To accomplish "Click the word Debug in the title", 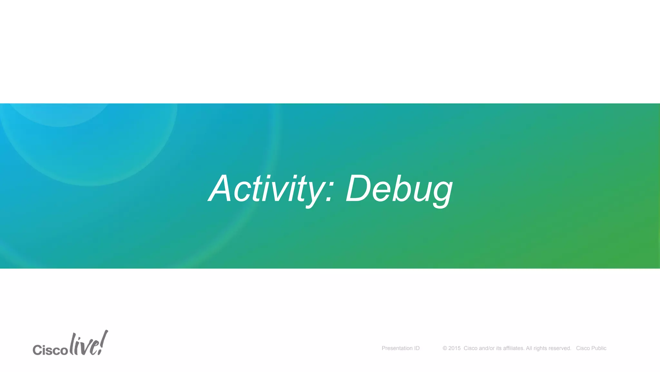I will (399, 189).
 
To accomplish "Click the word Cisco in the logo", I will (50, 350).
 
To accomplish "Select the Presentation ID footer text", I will (401, 348).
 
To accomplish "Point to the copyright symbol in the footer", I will (445, 348).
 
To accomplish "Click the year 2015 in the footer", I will (454, 348).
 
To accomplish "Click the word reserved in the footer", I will (560, 348).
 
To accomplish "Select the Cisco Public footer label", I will (591, 348).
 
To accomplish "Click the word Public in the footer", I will (599, 348).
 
